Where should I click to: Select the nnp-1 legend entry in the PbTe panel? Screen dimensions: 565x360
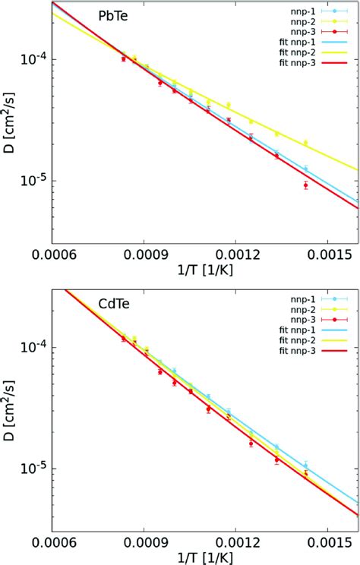click(x=299, y=11)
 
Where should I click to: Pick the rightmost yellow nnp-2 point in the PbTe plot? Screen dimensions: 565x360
click(x=305, y=143)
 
